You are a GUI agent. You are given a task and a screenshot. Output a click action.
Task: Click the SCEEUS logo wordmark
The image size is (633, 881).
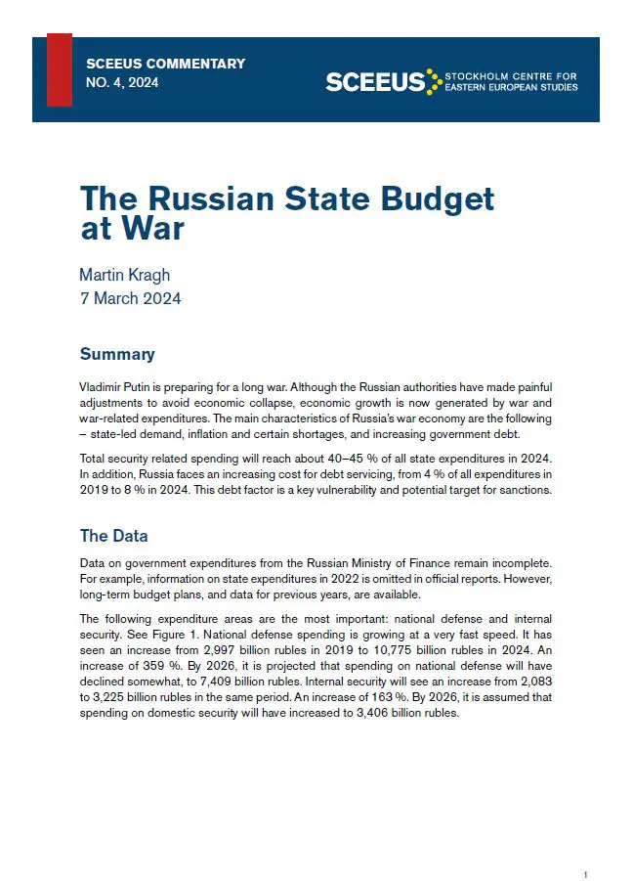tap(375, 82)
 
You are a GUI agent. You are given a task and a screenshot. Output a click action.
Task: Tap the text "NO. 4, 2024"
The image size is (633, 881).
tap(122, 83)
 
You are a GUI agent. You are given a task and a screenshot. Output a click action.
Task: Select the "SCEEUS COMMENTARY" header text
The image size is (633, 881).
tap(165, 65)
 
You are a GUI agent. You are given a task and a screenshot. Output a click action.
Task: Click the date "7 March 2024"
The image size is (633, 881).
tap(130, 298)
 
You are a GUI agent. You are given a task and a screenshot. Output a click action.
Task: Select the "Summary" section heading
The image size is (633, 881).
tap(117, 354)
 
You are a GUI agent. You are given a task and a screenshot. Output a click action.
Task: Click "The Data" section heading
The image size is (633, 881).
tap(113, 536)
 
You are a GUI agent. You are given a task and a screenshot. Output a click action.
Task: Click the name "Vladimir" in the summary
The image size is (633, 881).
tap(102, 387)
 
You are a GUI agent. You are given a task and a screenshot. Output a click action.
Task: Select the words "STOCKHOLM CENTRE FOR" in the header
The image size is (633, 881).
tap(510, 75)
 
